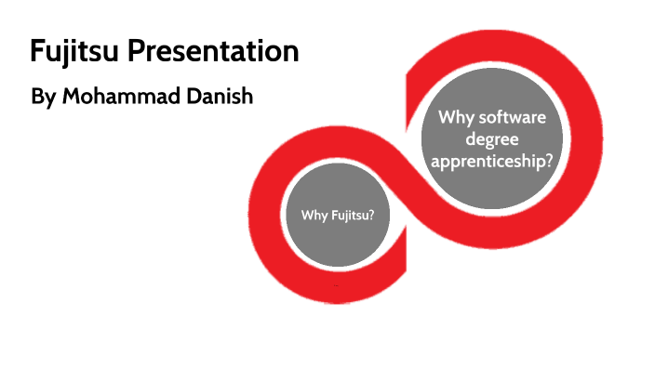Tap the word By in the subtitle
tap(43, 96)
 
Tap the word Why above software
tap(457, 118)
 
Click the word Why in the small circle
tap(314, 216)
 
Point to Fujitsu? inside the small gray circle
tap(357, 216)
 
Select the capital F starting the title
tap(36, 51)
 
